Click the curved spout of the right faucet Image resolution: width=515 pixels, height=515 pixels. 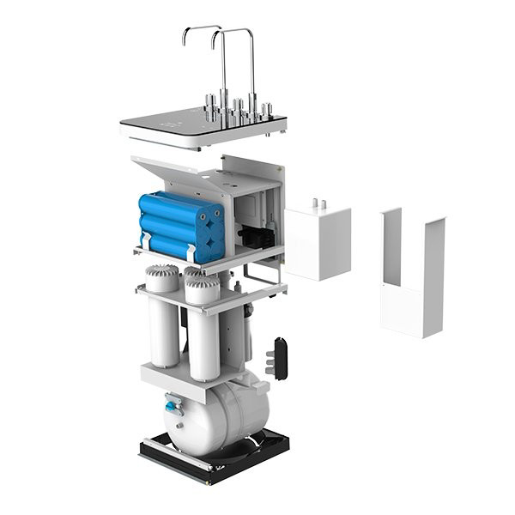[232, 32]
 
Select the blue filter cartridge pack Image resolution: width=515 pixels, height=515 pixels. [180, 225]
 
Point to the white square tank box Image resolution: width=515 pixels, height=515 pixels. [318, 242]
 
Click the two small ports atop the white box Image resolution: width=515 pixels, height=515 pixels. [319, 204]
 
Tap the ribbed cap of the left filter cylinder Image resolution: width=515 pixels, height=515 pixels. [161, 277]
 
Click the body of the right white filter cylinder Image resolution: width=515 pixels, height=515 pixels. [203, 343]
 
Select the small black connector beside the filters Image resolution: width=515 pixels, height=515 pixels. [277, 358]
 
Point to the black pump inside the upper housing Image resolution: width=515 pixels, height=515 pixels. [253, 235]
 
